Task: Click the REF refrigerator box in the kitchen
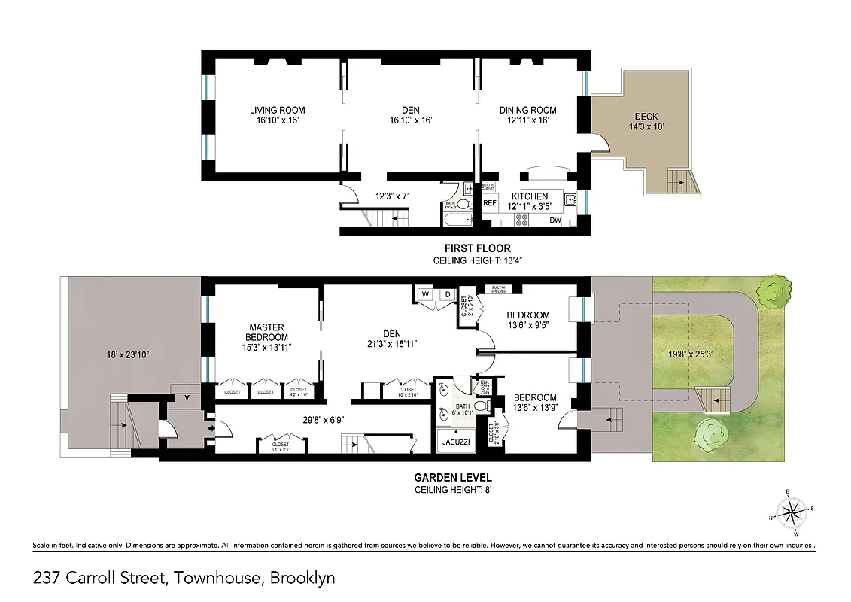coord(490,202)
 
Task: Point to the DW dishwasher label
coord(555,220)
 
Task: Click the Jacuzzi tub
coord(455,442)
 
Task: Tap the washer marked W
coord(425,294)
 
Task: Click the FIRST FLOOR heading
coord(477,248)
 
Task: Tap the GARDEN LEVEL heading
coord(453,477)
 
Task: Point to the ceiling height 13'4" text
coord(477,260)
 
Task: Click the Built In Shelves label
coord(498,289)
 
